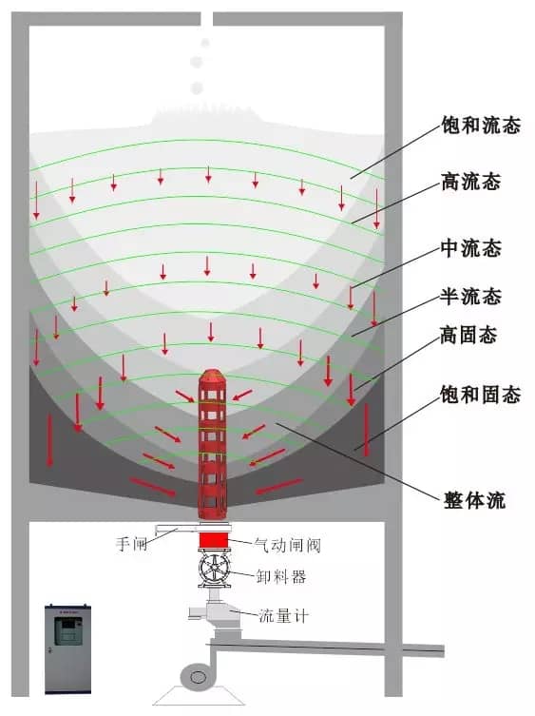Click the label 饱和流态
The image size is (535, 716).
click(x=481, y=125)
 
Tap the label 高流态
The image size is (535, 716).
click(x=470, y=182)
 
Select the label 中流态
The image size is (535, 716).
click(x=470, y=248)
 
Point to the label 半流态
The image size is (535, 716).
click(x=470, y=297)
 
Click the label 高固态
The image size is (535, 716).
click(x=468, y=335)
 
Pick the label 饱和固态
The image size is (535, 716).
click(x=481, y=394)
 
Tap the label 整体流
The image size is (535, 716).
click(x=474, y=500)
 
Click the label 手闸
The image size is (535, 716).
click(x=131, y=544)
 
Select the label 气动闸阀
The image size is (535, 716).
click(x=288, y=545)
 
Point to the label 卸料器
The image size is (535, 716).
click(x=280, y=577)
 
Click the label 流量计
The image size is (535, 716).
click(x=283, y=616)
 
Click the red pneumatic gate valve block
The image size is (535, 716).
click(x=213, y=541)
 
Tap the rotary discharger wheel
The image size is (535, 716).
click(x=215, y=569)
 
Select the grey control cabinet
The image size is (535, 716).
click(x=67, y=648)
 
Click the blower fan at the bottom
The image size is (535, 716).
click(x=199, y=677)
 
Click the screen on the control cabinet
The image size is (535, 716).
click(x=68, y=630)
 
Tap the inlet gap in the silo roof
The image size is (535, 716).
click(x=207, y=19)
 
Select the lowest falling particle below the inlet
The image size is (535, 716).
click(x=197, y=87)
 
